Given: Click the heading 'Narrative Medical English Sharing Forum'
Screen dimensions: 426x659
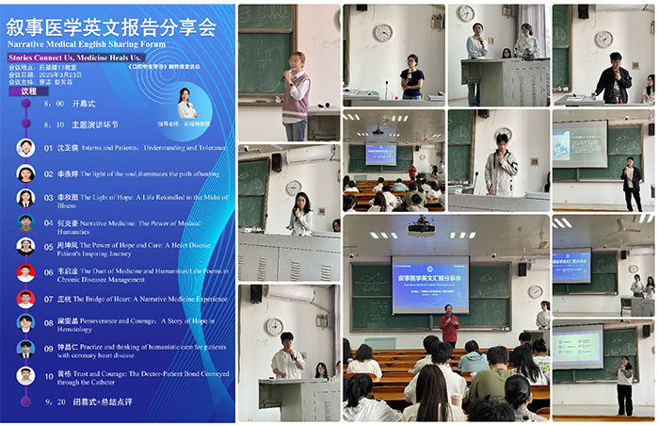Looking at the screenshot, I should tap(86, 43).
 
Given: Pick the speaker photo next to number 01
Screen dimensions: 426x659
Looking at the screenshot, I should tap(26, 148).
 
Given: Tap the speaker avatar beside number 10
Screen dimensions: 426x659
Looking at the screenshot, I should tap(26, 375).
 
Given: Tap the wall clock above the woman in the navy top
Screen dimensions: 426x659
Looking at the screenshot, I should tap(382, 33).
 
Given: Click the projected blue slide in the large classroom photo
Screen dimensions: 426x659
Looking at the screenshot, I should tap(429, 282).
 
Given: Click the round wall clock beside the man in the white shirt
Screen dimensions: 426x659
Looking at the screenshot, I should tap(273, 326).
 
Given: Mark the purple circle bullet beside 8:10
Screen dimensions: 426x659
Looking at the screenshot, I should tap(23, 123).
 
